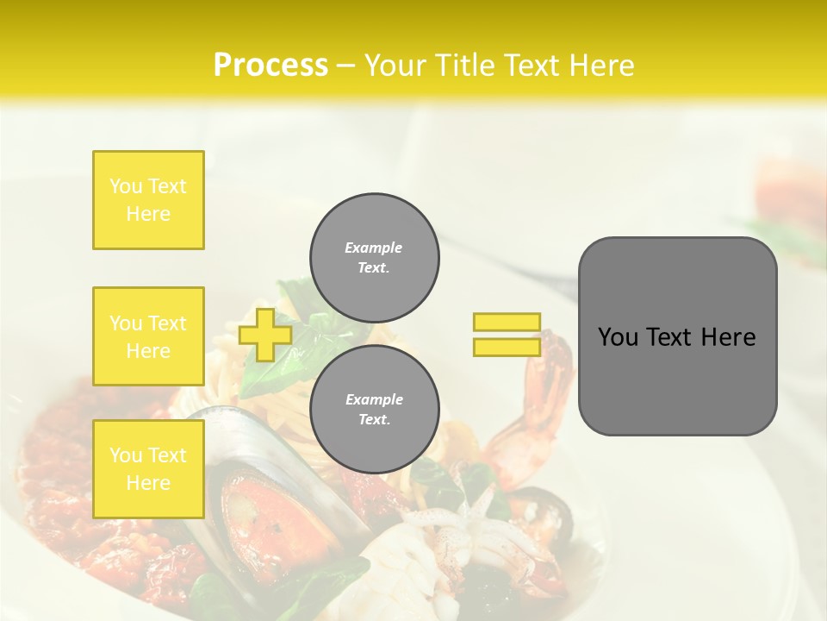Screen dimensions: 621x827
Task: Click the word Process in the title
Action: click(270, 66)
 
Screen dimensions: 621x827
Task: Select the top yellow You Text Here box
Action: click(148, 200)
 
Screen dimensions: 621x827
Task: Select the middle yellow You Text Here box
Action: click(148, 336)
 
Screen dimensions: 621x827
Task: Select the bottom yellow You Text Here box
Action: click(148, 468)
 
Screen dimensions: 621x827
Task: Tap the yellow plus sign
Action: click(265, 335)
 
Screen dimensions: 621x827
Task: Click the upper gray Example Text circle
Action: click(374, 258)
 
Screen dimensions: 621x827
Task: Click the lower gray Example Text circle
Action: click(374, 410)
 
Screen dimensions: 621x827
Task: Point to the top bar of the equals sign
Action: click(507, 322)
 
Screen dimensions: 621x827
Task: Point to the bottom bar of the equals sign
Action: click(507, 347)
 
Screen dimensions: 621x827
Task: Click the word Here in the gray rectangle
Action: click(728, 337)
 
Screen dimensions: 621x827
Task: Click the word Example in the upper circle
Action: click(373, 248)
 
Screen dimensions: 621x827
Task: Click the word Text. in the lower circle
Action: click(374, 420)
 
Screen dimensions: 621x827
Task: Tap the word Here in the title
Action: click(602, 66)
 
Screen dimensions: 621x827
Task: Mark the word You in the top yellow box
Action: click(126, 186)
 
